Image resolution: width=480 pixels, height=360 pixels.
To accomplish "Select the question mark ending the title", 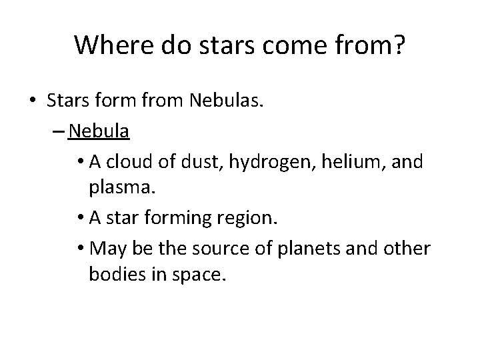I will tap(398, 45).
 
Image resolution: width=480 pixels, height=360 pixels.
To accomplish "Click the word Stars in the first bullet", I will tap(68, 100).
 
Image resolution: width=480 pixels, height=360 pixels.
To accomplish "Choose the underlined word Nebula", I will tap(99, 131).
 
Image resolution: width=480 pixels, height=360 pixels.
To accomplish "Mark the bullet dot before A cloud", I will tap(81, 162).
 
